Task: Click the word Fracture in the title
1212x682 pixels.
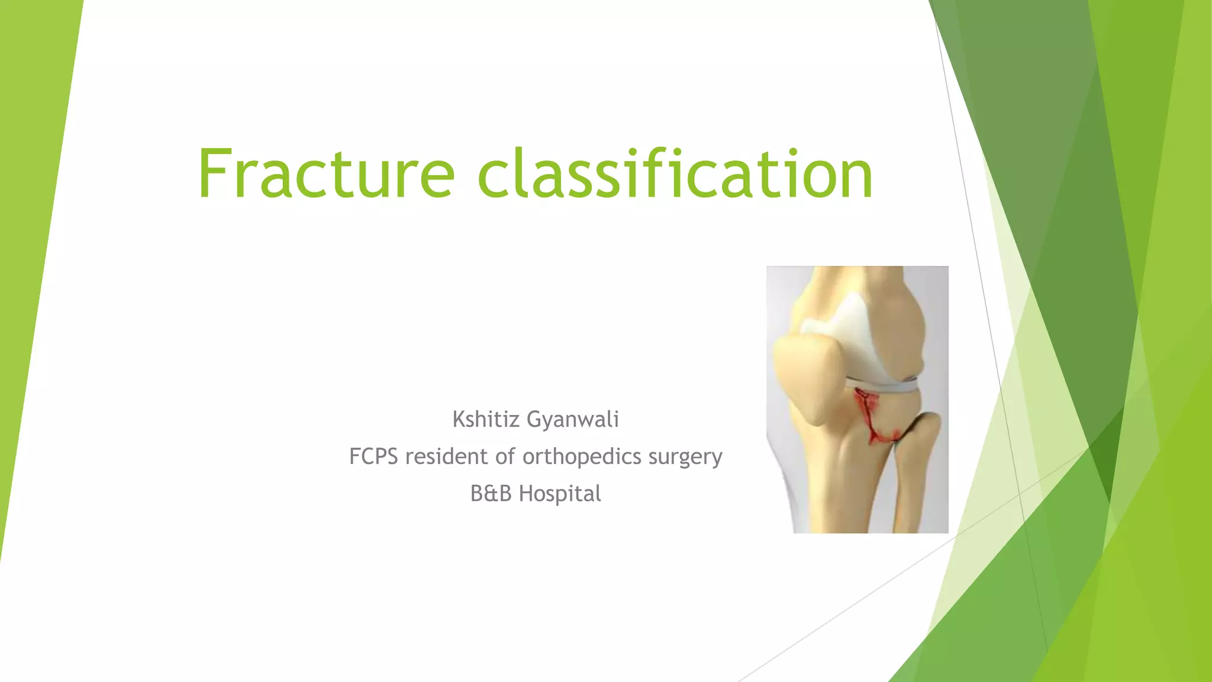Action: point(325,174)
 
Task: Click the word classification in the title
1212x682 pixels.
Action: point(675,174)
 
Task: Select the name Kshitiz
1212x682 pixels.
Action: point(486,420)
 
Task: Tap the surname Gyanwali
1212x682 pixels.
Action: point(573,420)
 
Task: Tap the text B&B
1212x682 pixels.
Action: point(491,493)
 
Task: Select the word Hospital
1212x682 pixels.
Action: point(560,493)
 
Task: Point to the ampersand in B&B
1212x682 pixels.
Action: point(491,493)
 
